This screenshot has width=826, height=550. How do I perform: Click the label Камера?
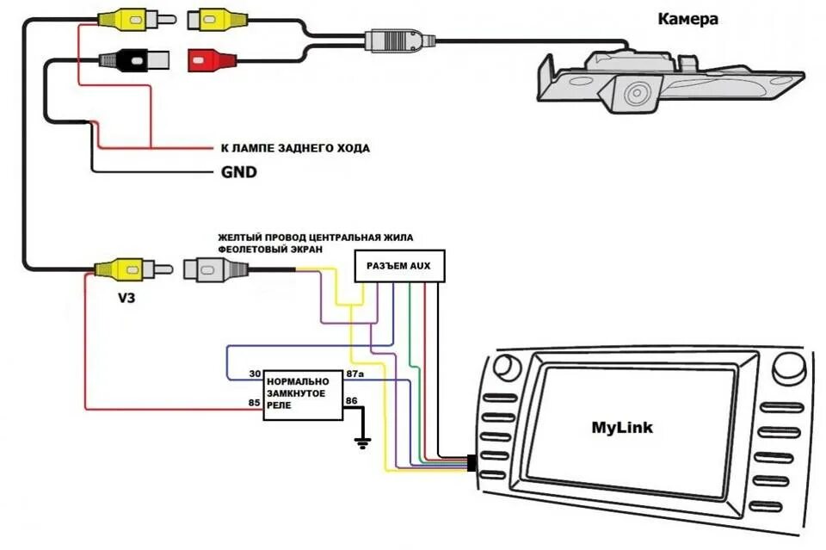(x=687, y=19)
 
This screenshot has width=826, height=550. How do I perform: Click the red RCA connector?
(x=212, y=59)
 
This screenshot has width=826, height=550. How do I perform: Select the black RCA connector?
(x=134, y=60)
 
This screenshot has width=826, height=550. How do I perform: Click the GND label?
(x=238, y=172)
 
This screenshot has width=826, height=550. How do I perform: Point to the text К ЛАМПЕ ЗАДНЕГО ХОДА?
(x=295, y=148)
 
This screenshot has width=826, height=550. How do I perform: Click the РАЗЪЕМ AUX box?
(x=399, y=265)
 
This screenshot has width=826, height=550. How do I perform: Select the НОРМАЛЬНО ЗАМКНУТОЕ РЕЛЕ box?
(x=303, y=394)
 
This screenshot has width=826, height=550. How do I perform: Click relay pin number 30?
(x=255, y=374)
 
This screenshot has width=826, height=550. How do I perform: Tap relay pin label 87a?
(x=355, y=374)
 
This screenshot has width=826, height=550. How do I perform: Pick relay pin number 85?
(x=255, y=403)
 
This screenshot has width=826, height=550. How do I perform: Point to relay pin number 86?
(x=351, y=400)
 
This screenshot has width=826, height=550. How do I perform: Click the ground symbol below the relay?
(x=362, y=442)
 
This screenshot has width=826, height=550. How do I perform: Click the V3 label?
(x=126, y=298)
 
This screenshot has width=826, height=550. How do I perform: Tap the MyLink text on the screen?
(x=622, y=427)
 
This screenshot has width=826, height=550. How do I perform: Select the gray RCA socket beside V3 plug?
(x=215, y=269)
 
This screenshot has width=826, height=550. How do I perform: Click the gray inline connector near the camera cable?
(x=400, y=40)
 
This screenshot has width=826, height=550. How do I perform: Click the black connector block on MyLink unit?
(x=472, y=463)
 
